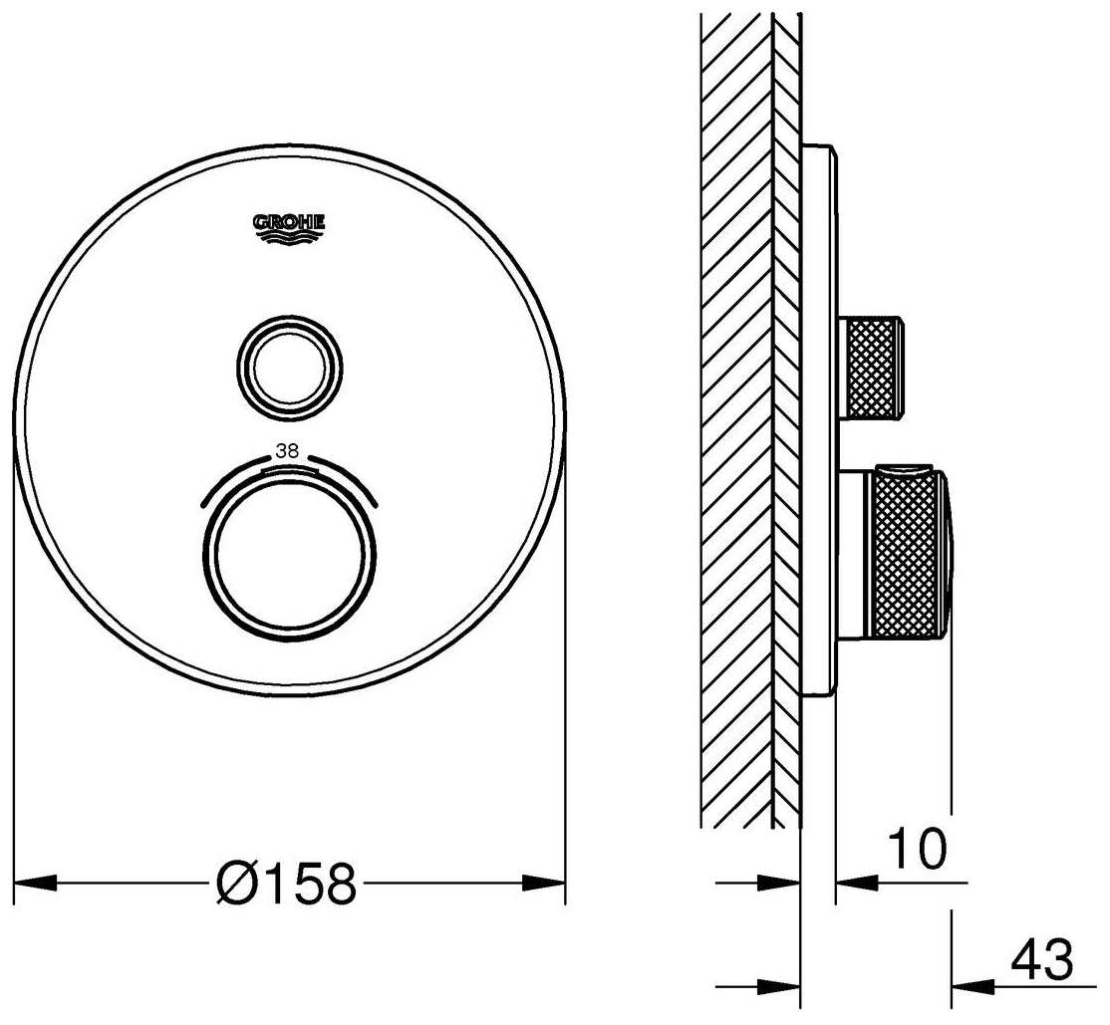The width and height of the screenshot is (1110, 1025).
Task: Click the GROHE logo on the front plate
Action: point(289,228)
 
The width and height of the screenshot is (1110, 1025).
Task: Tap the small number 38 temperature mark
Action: point(287,452)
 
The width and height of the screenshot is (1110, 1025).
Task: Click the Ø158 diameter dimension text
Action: point(285,883)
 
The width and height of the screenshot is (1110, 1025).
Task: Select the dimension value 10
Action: point(917,849)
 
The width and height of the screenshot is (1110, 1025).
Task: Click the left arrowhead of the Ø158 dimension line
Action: point(36,883)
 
